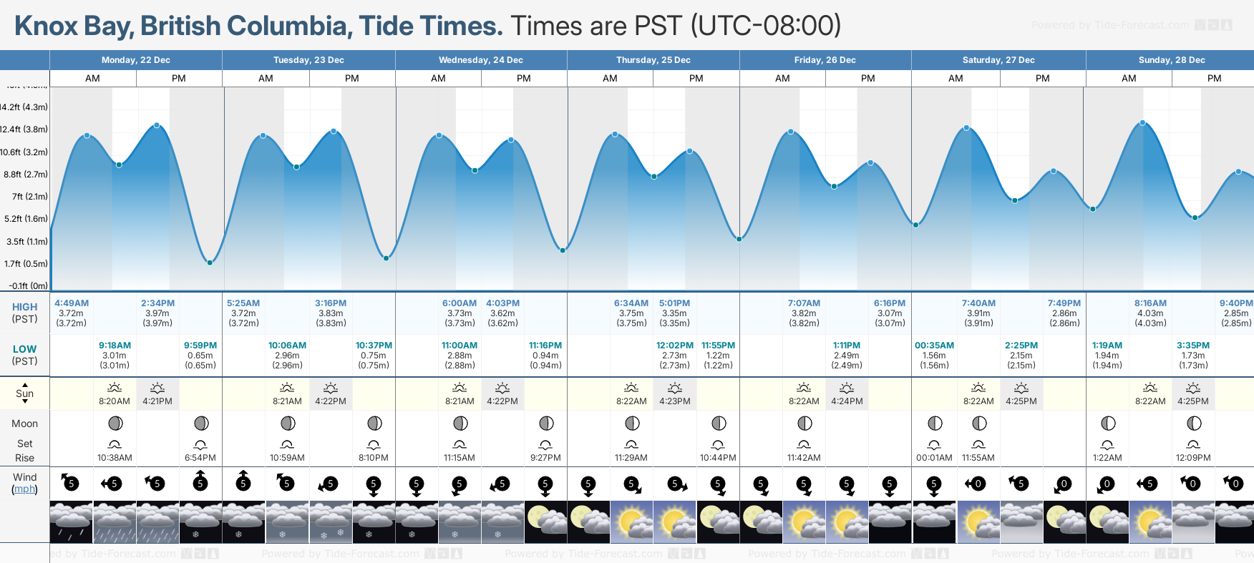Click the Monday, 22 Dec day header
[x=135, y=60]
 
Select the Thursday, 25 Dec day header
[x=653, y=60]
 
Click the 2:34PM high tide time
[x=157, y=303]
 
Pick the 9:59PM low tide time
[x=200, y=346]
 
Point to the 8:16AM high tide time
[x=1150, y=303]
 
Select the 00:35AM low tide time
[x=934, y=346]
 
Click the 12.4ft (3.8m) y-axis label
[x=24, y=129]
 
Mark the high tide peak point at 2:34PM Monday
[x=157, y=125]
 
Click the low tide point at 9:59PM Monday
[x=210, y=263]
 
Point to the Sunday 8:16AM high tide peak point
[x=1142, y=123]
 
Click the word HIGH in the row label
[x=24, y=307]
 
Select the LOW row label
[x=24, y=349]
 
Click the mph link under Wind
[x=24, y=489]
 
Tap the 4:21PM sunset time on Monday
[x=157, y=401]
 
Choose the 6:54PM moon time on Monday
[x=200, y=458]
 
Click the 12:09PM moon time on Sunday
[x=1193, y=458]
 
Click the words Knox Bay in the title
[x=72, y=26]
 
